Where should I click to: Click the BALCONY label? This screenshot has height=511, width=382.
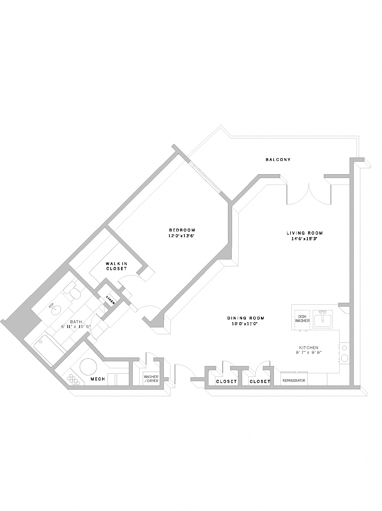tap(278, 159)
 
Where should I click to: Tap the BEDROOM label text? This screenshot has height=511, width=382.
tap(182, 230)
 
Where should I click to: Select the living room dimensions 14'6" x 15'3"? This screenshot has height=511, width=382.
tap(304, 238)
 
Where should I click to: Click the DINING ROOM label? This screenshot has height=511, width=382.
tap(246, 318)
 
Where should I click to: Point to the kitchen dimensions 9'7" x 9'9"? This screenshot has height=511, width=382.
tap(308, 353)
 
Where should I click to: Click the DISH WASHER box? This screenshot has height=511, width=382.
tap(302, 319)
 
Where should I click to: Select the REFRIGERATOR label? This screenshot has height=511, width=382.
tap(294, 380)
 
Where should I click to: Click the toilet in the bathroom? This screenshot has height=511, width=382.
tap(74, 293)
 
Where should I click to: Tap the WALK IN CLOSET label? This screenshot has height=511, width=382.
tap(116, 266)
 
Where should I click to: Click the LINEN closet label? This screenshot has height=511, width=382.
tap(110, 300)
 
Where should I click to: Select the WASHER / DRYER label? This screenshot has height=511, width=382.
tap(151, 379)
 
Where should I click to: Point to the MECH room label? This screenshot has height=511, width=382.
tap(97, 379)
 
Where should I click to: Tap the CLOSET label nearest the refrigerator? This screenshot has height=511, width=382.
tap(260, 381)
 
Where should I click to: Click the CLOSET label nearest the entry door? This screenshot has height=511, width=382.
tap(226, 381)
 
